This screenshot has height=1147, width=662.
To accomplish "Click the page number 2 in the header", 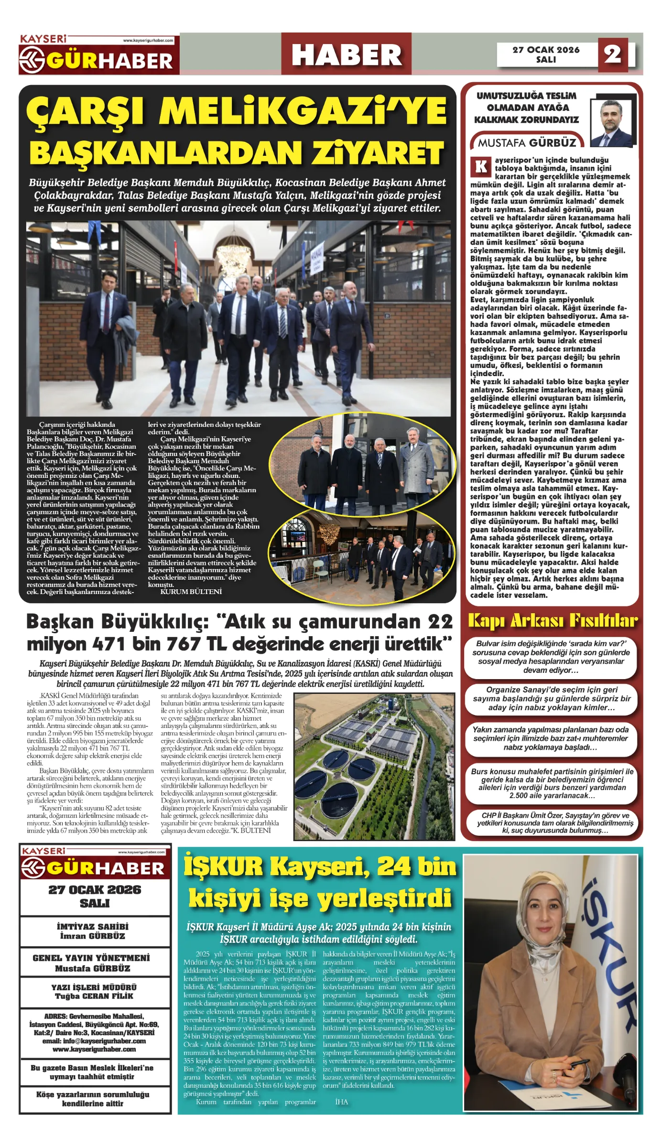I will pyautogui.click(x=613, y=54).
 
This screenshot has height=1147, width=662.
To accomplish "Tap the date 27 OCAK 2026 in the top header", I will pyautogui.click(x=545, y=50).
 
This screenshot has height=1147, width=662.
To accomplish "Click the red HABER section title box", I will pyautogui.click(x=346, y=54).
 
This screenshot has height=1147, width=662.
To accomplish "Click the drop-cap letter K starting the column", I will pyautogui.click(x=481, y=167).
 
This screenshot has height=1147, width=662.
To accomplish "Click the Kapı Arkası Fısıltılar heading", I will pyautogui.click(x=552, y=621).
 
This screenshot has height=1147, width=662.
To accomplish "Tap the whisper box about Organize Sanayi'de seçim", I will pyautogui.click(x=552, y=699).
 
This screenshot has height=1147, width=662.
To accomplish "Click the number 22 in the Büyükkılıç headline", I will pyautogui.click(x=440, y=622).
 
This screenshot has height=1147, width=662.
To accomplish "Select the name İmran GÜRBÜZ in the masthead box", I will pyautogui.click(x=93, y=936).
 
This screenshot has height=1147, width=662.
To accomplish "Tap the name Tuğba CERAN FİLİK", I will pyautogui.click(x=94, y=996).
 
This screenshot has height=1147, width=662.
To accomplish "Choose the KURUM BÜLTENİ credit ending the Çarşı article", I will pyautogui.click(x=191, y=592).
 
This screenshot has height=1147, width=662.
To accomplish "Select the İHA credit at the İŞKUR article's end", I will pyautogui.click(x=341, y=1102).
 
